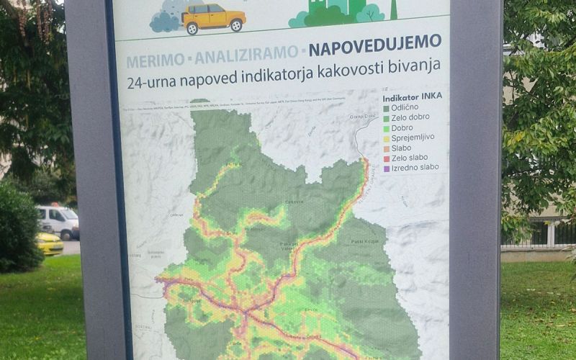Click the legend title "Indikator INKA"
[x=413, y=96]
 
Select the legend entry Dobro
[x=402, y=127]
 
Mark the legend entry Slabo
[x=402, y=148]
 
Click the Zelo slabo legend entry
[x=410, y=157]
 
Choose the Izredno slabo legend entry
[x=415, y=167]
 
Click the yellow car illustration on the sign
[x=213, y=18]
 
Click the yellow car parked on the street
[x=49, y=243]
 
